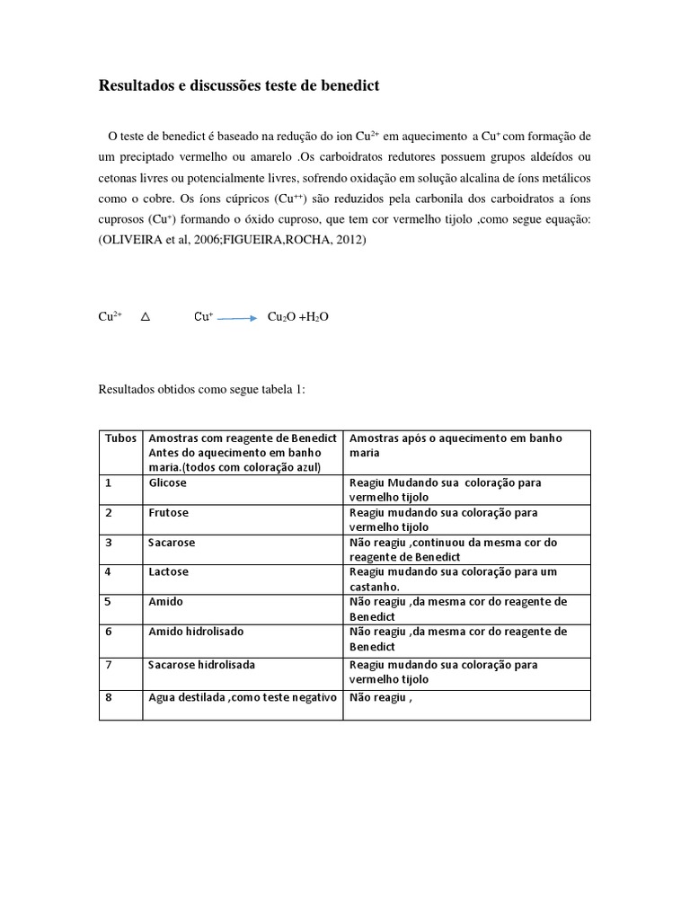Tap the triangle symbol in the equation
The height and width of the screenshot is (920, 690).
click(x=146, y=317)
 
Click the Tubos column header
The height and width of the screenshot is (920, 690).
click(x=120, y=438)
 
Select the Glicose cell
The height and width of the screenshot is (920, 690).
click(x=168, y=482)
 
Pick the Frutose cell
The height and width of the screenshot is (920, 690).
click(x=168, y=512)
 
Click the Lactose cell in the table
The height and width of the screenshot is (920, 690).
click(x=169, y=571)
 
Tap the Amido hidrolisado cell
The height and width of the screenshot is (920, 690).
click(x=196, y=632)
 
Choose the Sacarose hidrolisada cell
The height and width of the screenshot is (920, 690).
click(x=201, y=665)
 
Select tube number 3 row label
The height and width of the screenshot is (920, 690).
click(x=108, y=543)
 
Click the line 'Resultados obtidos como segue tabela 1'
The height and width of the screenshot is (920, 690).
click(x=201, y=390)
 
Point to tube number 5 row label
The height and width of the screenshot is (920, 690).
click(x=108, y=602)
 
